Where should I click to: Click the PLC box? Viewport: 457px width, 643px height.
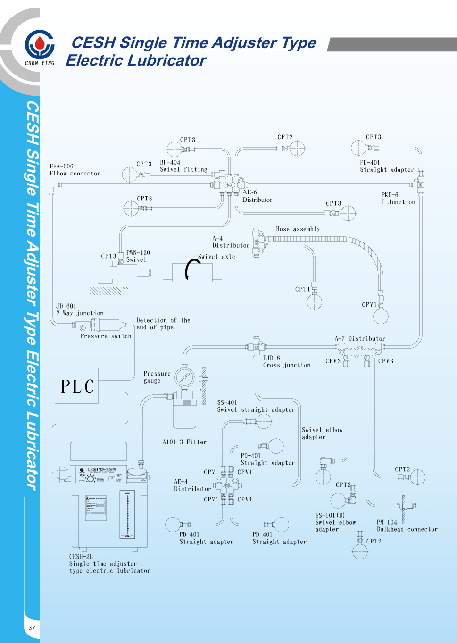(76, 386)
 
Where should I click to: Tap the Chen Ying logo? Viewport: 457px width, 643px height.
(40, 46)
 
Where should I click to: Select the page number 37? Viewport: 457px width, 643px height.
(32, 628)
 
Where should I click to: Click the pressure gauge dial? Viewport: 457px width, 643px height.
(184, 377)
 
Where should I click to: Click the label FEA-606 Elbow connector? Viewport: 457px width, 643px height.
(75, 170)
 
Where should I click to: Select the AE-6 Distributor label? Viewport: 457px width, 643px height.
(257, 196)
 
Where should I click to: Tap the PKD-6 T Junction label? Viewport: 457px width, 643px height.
(398, 198)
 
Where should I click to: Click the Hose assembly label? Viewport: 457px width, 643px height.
(298, 229)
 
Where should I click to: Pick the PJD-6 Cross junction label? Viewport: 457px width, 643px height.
(287, 361)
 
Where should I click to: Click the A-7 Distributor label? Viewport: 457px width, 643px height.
(360, 339)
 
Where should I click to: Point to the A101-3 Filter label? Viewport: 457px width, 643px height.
(184, 442)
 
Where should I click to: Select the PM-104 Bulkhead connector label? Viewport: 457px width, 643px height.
(407, 526)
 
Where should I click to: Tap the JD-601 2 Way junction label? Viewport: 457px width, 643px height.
(80, 309)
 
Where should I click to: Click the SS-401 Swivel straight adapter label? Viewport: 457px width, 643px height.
(256, 406)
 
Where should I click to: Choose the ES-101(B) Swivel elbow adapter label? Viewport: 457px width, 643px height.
(335, 522)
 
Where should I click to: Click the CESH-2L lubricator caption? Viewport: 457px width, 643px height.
(109, 563)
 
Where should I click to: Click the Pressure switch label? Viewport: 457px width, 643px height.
(106, 336)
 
